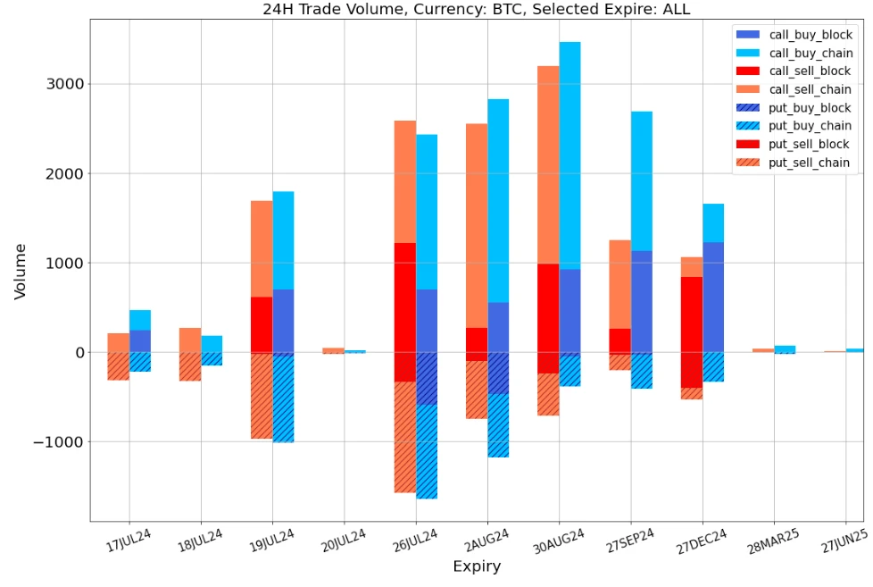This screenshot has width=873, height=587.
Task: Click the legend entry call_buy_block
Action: tap(809, 35)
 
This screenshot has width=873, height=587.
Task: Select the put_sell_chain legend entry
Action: tap(809, 164)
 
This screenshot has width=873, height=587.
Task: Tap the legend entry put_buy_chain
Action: tap(809, 126)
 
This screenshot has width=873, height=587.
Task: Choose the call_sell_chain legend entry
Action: tap(809, 89)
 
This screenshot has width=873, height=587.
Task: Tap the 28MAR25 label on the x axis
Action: tap(767, 541)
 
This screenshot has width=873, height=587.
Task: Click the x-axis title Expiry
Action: tap(476, 566)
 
